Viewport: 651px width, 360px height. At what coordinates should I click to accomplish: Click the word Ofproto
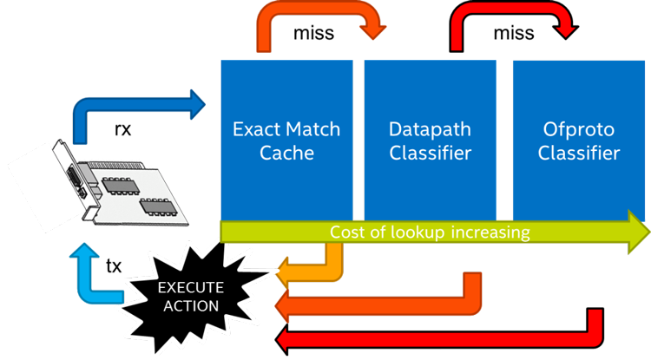tap(579, 130)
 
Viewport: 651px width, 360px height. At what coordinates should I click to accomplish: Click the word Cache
tap(286, 154)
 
